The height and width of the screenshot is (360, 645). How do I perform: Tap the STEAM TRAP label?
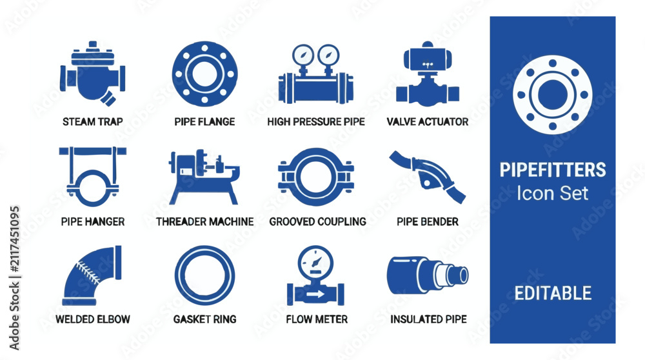click(92, 122)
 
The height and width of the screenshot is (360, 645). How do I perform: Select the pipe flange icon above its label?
click(204, 74)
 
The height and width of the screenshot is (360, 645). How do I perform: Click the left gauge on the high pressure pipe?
click(303, 55)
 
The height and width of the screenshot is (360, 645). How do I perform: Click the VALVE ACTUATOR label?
click(428, 122)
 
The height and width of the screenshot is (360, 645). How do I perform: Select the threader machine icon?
click(204, 177)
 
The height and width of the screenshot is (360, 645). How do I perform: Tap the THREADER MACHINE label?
click(205, 222)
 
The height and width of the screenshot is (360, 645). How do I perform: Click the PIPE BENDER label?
click(428, 222)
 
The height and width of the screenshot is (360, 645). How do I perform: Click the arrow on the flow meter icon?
click(315, 294)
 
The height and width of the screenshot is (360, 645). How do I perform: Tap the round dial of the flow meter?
click(315, 263)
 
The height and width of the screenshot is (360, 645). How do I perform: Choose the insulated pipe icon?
click(428, 275)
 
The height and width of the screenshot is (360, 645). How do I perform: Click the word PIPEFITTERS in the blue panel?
click(553, 170)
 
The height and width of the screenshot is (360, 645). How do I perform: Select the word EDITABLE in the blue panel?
click(553, 294)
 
